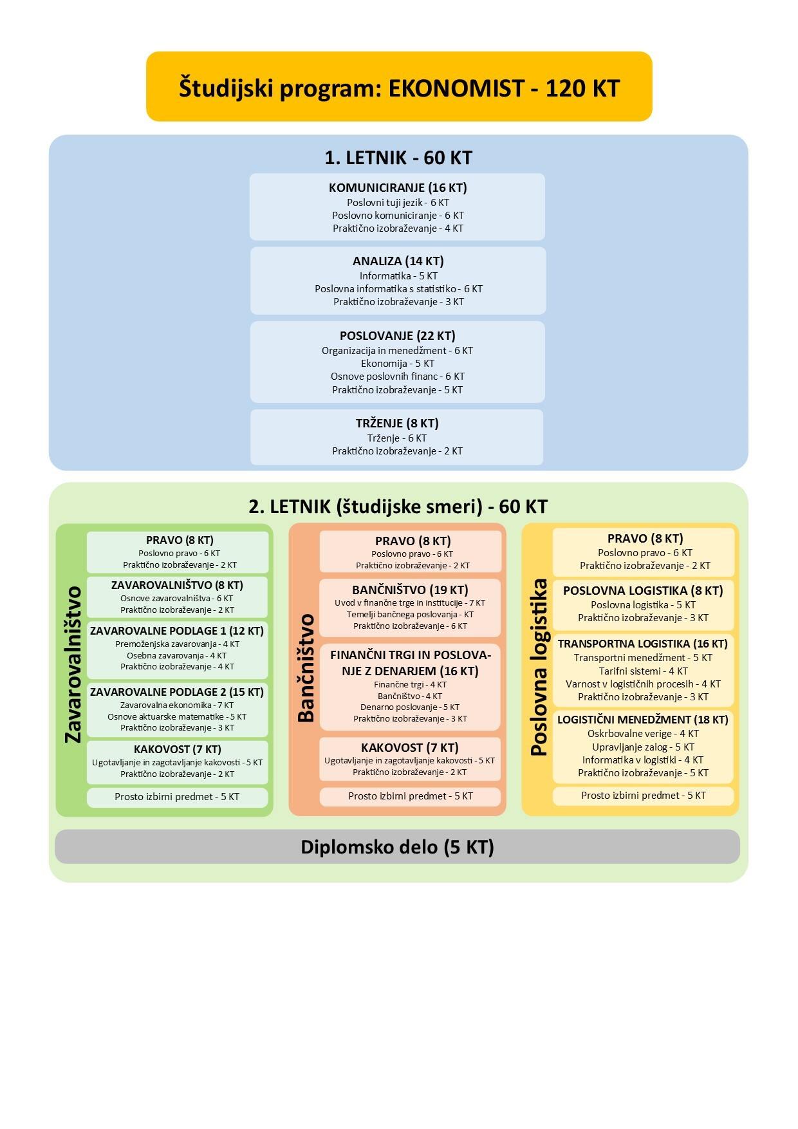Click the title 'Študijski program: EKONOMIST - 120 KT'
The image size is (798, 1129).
(x=399, y=88)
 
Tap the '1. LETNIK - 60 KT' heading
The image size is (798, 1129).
(x=398, y=158)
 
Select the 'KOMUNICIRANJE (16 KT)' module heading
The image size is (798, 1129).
(x=398, y=188)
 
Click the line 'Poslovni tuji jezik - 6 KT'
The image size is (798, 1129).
(x=398, y=203)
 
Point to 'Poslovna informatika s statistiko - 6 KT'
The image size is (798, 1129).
(x=398, y=289)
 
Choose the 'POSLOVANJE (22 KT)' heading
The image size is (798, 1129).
(x=398, y=336)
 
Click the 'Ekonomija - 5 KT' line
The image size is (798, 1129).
(x=398, y=364)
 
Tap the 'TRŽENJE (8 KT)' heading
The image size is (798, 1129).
(x=397, y=424)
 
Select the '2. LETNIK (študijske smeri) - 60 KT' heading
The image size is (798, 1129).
(x=398, y=507)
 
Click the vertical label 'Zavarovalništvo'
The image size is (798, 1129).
(x=73, y=664)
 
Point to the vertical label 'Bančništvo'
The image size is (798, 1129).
(x=306, y=667)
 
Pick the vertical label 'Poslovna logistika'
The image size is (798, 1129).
(x=539, y=667)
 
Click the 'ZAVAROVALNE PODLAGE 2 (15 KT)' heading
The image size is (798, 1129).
(x=177, y=692)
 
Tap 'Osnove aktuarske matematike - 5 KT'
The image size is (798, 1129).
(x=177, y=716)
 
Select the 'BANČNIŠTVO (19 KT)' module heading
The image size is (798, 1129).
(x=410, y=590)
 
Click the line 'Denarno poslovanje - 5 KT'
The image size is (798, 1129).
(x=410, y=707)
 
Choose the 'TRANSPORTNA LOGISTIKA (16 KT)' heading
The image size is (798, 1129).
(x=643, y=644)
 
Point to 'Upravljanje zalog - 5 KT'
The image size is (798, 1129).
(x=643, y=747)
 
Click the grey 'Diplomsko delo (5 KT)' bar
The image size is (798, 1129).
(x=397, y=846)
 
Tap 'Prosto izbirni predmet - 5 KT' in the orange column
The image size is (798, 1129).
(x=411, y=796)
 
